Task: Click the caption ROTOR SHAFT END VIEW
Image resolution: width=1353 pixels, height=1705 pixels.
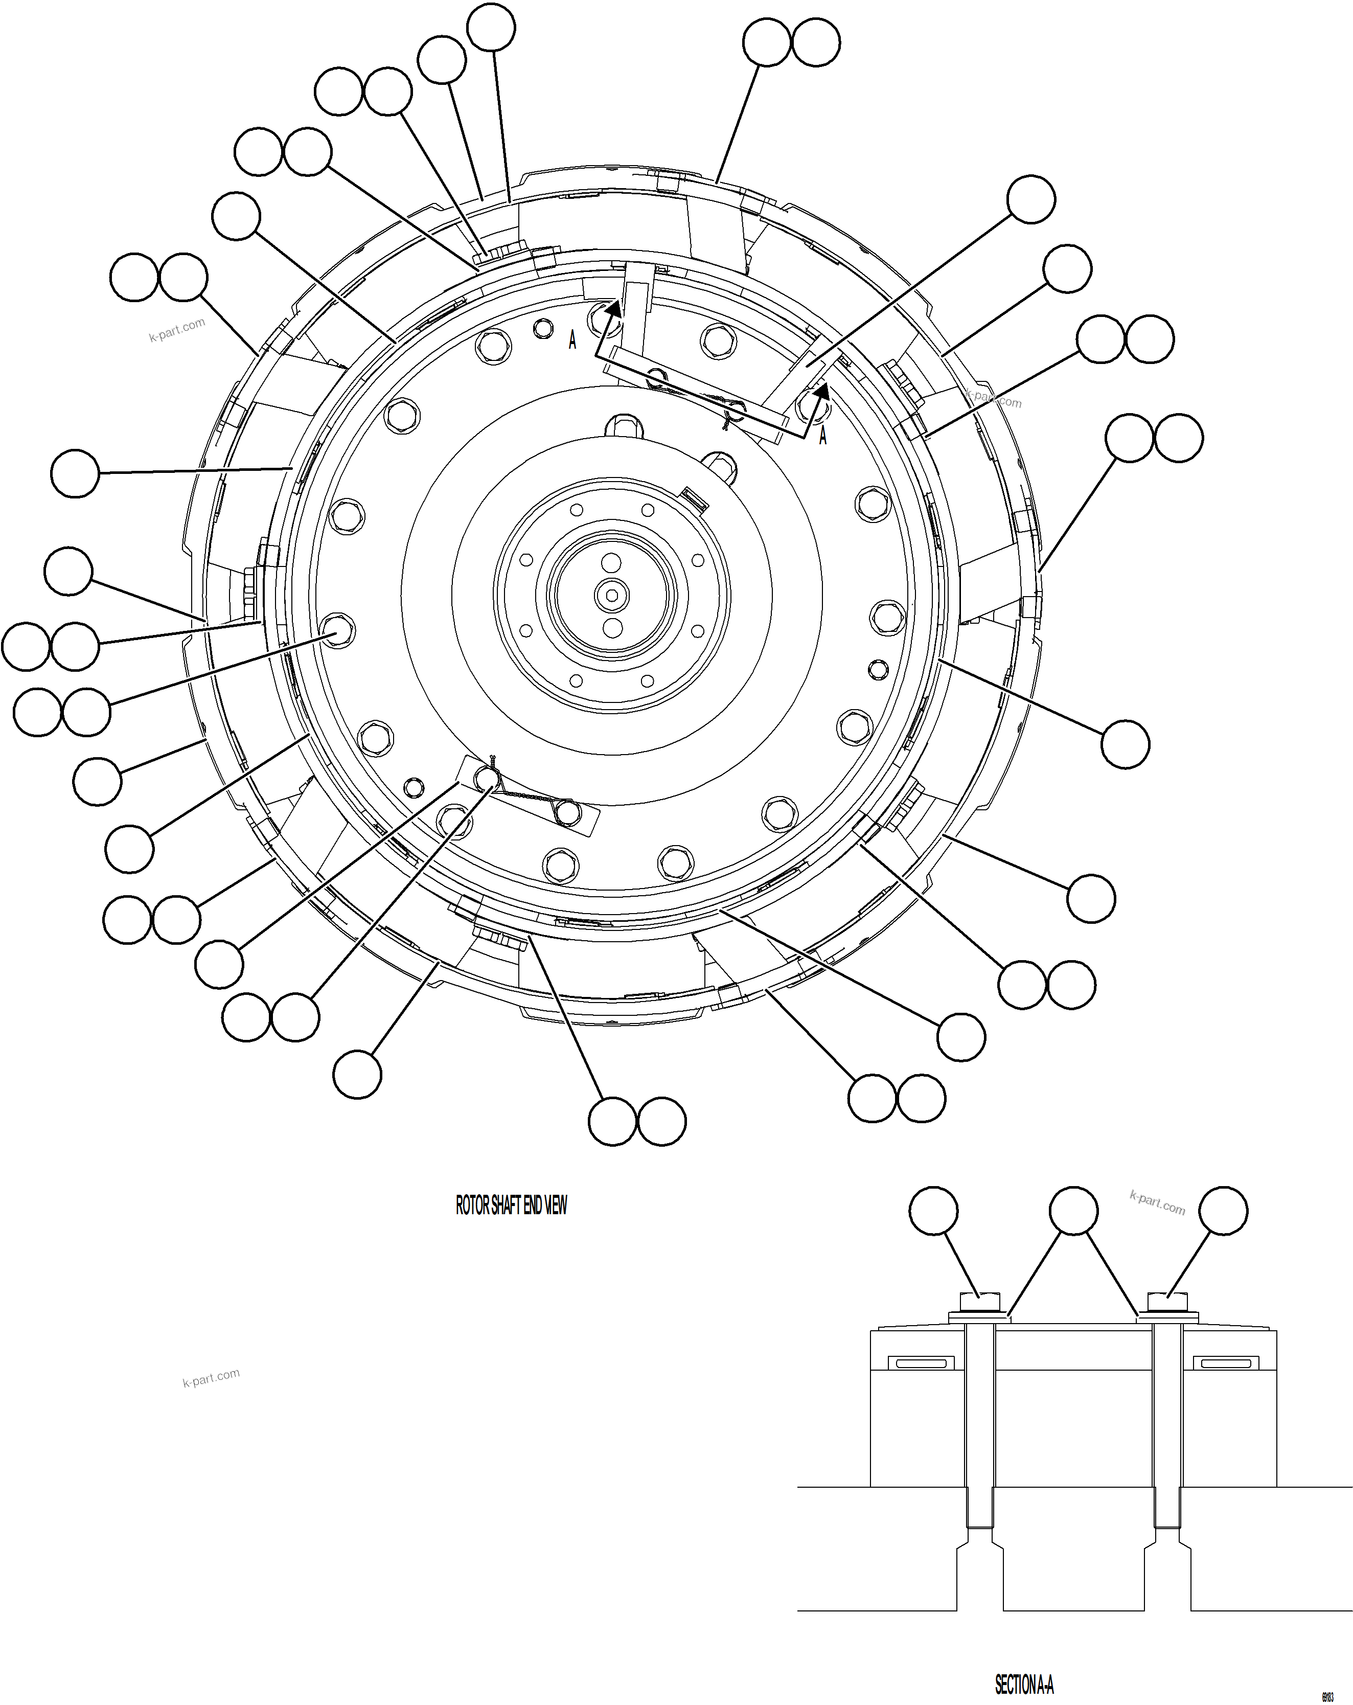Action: [x=511, y=1204]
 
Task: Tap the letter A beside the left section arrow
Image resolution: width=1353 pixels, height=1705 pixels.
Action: [x=572, y=341]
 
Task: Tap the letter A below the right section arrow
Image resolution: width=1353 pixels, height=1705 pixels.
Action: [x=822, y=435]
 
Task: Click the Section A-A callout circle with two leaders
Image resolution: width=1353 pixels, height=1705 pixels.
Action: [x=1073, y=1211]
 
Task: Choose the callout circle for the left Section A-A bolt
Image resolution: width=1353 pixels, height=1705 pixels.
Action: [x=933, y=1211]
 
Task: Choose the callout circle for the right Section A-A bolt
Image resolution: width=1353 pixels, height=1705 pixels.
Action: [x=1223, y=1211]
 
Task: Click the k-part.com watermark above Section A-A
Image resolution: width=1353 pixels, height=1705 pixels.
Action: [x=1157, y=1203]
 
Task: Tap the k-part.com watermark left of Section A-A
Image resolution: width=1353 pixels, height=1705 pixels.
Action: [x=211, y=1378]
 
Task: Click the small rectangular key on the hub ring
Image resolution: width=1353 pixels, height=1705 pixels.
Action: [x=696, y=498]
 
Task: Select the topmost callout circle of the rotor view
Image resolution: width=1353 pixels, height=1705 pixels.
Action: [x=491, y=28]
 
